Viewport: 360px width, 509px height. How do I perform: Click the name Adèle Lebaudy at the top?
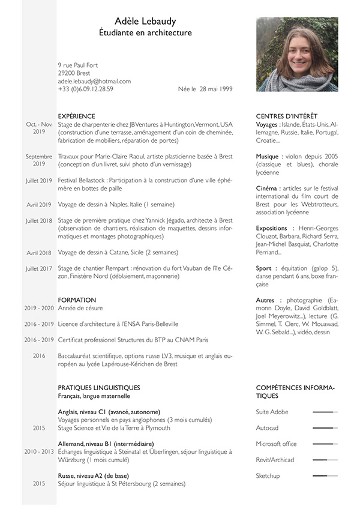point(145,21)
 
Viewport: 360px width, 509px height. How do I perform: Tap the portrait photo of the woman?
point(298,53)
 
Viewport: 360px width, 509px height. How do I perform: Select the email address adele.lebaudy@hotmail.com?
point(94,81)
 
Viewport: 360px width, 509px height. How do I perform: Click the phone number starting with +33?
point(86,89)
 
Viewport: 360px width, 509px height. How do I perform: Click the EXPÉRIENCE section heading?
point(76,116)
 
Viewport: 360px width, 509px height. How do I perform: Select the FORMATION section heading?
point(77,300)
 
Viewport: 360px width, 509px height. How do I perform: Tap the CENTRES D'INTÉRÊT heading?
point(286,116)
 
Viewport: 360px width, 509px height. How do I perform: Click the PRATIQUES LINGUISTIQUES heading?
point(99,388)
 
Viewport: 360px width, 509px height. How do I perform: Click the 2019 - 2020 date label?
point(39,308)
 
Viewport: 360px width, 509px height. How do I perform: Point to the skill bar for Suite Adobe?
point(325,412)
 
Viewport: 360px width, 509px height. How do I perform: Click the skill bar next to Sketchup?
point(325,476)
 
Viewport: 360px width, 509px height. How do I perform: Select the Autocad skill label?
point(267,428)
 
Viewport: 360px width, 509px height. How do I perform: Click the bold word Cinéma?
point(267,188)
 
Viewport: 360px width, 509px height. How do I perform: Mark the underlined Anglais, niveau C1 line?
point(109,412)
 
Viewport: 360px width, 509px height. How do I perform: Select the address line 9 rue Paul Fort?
point(78,65)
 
